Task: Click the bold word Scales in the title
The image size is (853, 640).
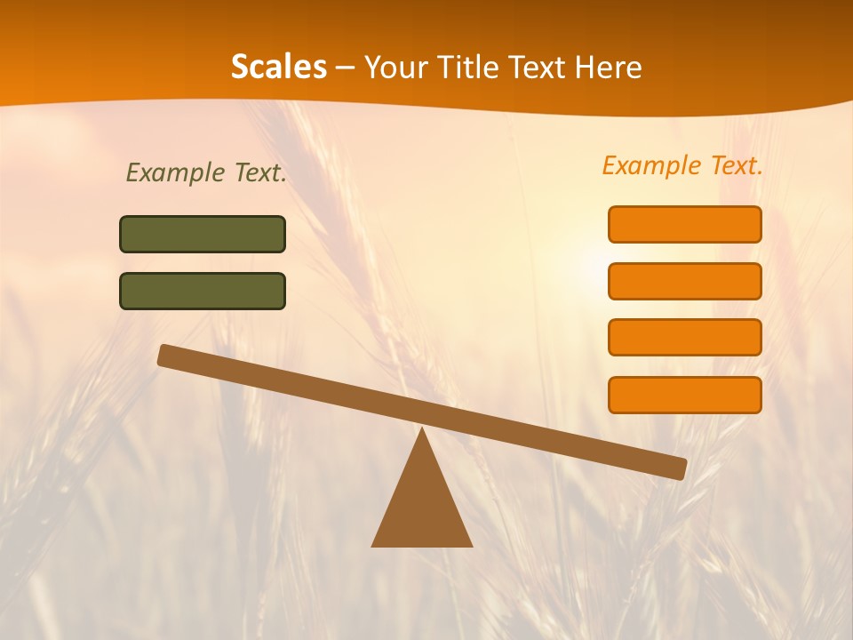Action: (x=278, y=67)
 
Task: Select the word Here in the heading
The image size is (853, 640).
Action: (x=606, y=67)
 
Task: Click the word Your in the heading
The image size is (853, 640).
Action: (x=396, y=67)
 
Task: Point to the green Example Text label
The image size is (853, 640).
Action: (x=206, y=172)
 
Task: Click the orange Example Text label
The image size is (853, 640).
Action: (x=682, y=165)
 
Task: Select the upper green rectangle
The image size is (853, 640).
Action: (x=203, y=234)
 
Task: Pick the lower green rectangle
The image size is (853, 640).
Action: (x=203, y=291)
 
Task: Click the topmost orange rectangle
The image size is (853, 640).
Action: (x=684, y=224)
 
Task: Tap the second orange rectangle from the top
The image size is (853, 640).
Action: (x=684, y=281)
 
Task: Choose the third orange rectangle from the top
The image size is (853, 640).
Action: (x=684, y=338)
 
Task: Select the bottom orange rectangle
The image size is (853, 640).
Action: (x=684, y=395)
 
